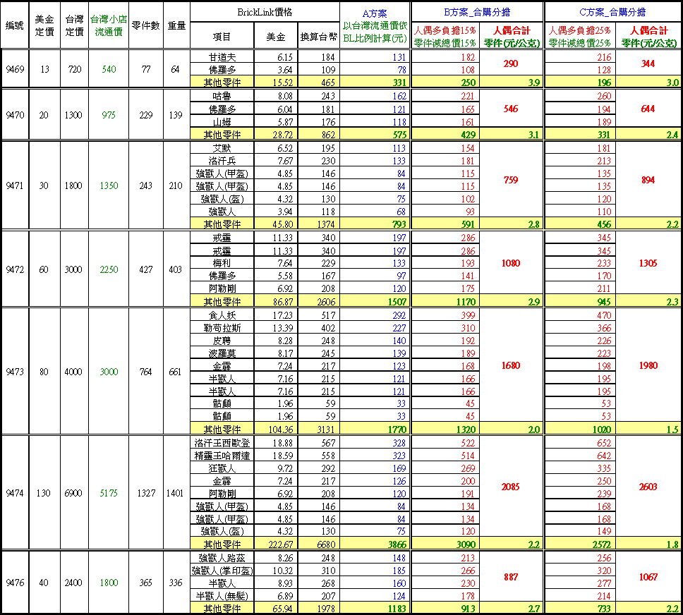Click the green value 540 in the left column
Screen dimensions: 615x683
[x=109, y=70]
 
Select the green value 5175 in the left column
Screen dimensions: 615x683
[x=109, y=494]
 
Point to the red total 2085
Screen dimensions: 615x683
[x=511, y=487]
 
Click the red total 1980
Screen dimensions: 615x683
[x=648, y=366]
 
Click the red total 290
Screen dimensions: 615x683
[x=511, y=64]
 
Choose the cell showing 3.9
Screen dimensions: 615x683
[x=533, y=83]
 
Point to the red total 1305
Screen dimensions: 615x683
[x=648, y=263]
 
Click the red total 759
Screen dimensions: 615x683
[x=511, y=180]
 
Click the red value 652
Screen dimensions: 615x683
[x=603, y=444]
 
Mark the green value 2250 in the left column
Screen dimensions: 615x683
[x=109, y=270]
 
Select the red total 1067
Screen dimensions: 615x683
[x=648, y=577]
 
